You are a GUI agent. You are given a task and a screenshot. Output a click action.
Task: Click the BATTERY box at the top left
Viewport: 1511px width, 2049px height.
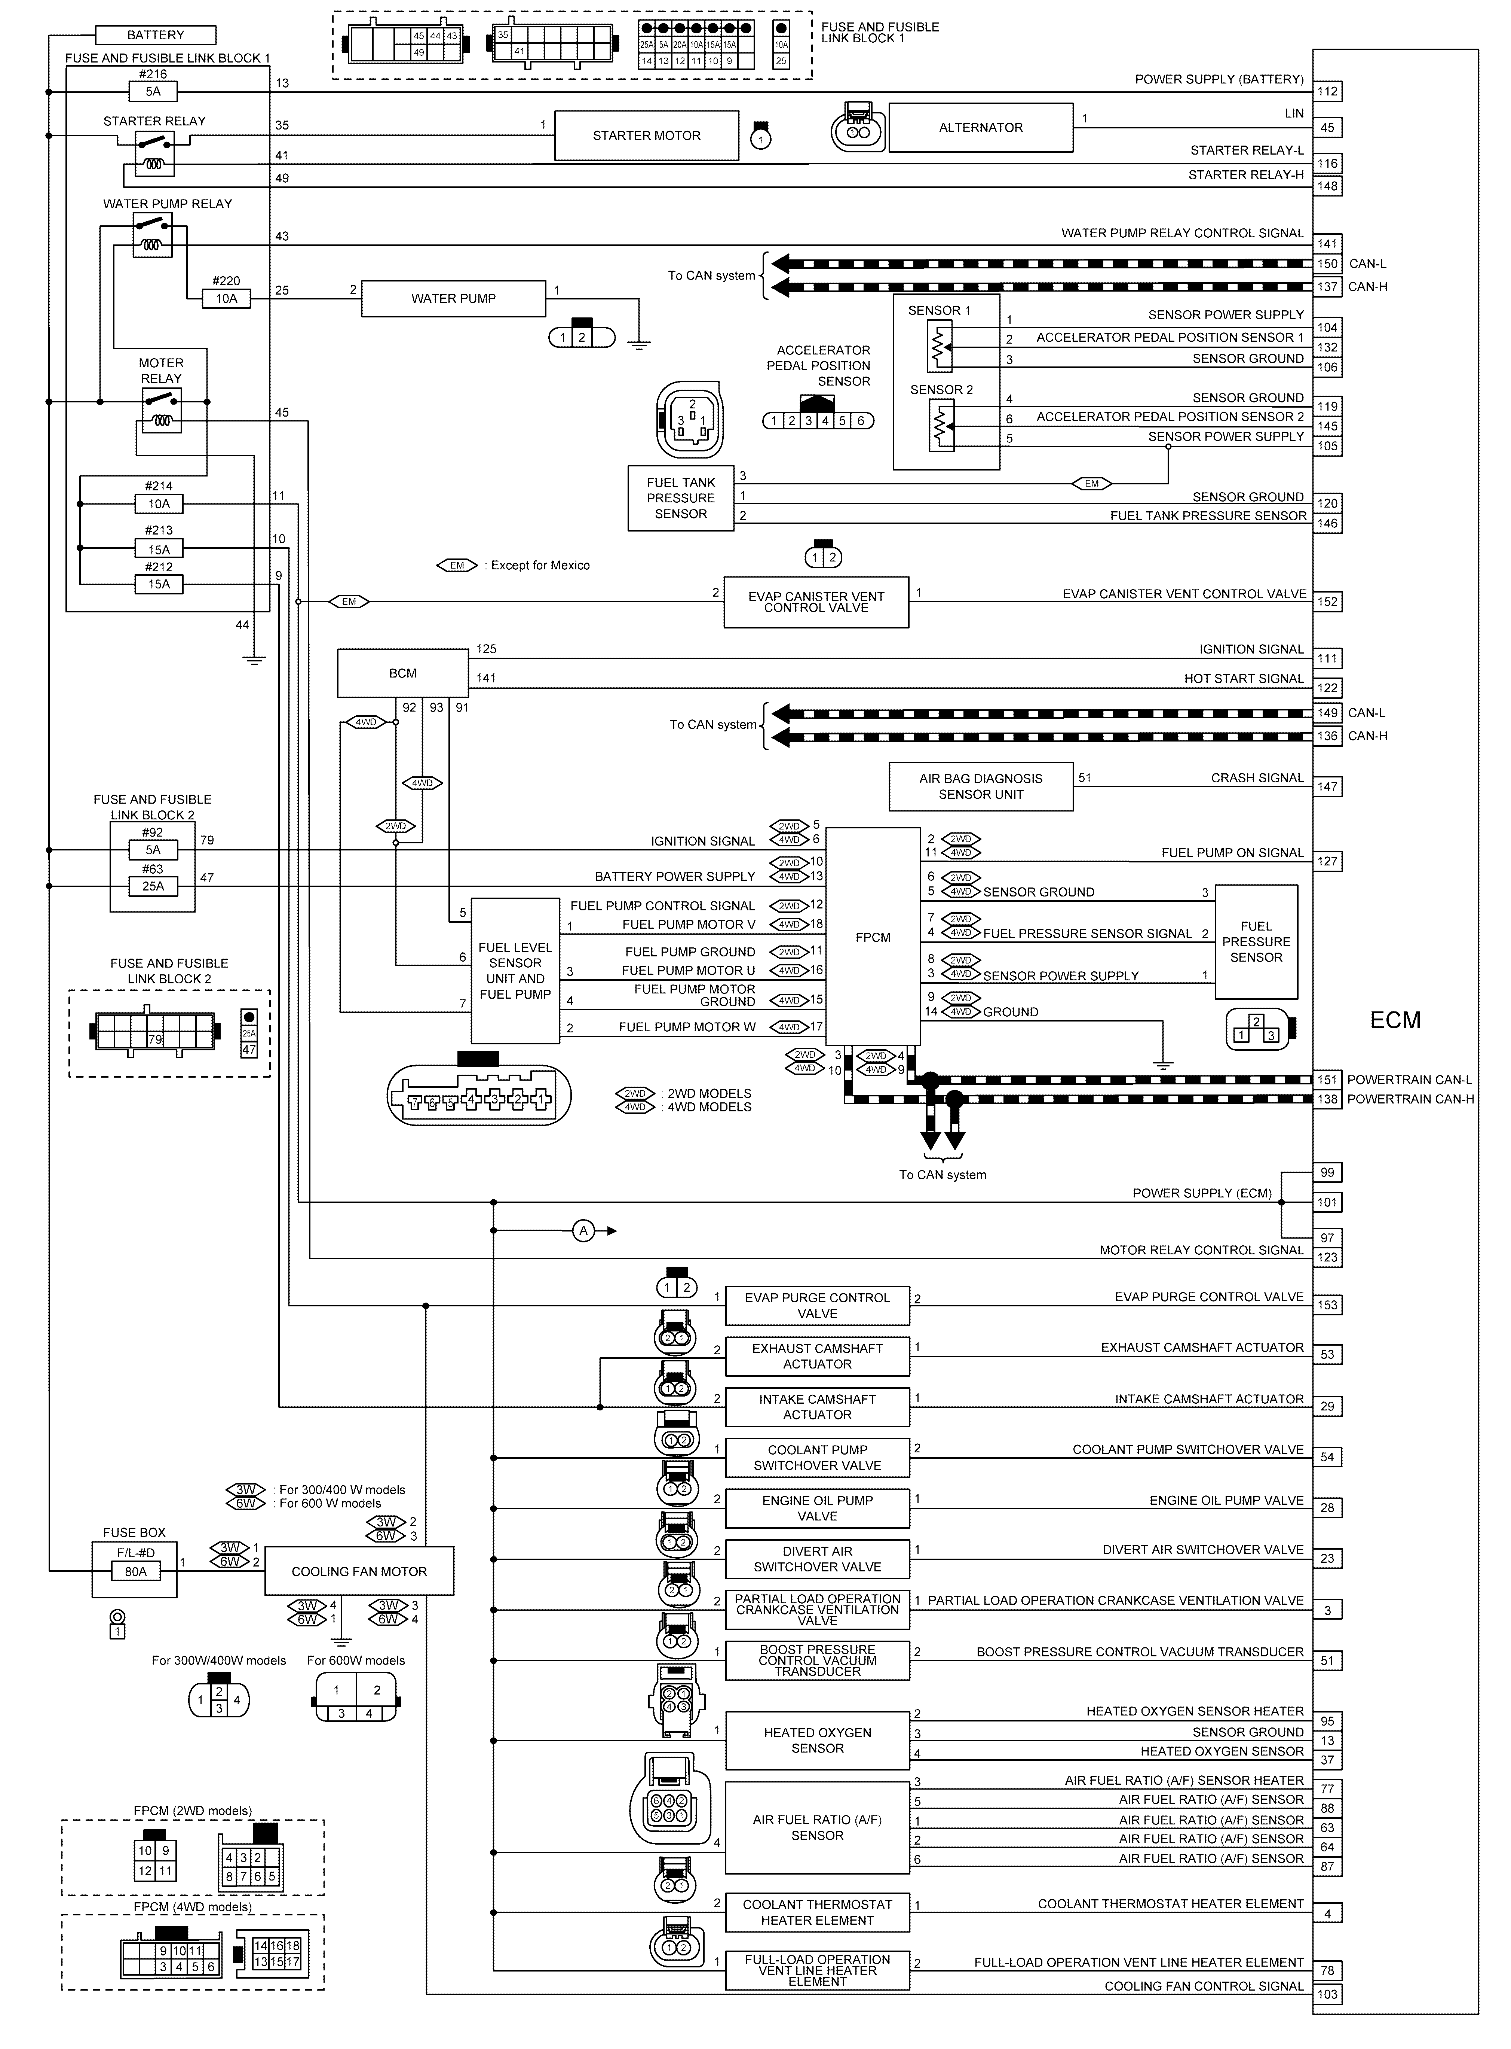tap(156, 35)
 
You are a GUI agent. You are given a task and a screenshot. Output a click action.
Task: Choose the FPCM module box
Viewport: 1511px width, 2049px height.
tap(873, 937)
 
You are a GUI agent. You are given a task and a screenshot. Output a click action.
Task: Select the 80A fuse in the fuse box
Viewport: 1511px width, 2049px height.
tap(135, 1571)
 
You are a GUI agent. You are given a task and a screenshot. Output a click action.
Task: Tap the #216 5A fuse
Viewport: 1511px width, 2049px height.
tap(153, 91)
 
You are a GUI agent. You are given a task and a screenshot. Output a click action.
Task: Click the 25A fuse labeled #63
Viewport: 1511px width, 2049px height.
tap(153, 886)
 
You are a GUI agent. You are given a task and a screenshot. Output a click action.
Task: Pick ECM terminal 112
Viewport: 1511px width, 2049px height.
tap(1327, 91)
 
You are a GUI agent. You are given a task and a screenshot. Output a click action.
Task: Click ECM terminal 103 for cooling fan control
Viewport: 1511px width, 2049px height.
tap(1327, 1994)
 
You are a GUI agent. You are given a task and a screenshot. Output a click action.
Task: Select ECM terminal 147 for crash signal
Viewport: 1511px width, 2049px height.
tap(1327, 786)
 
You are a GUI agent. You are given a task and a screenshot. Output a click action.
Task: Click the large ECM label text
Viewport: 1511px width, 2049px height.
tap(1395, 1020)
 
